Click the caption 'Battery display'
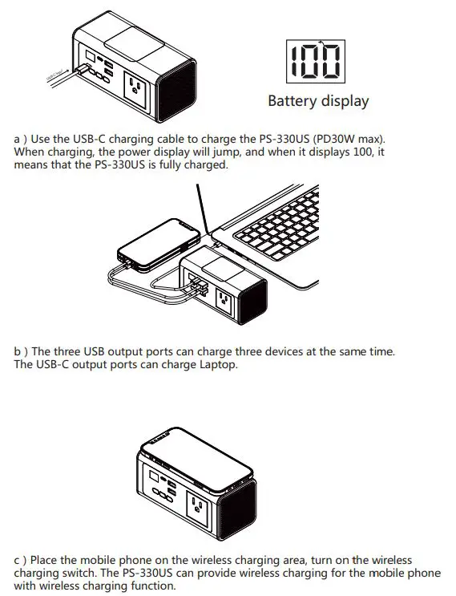click(318, 101)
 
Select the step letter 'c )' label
click(21, 561)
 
